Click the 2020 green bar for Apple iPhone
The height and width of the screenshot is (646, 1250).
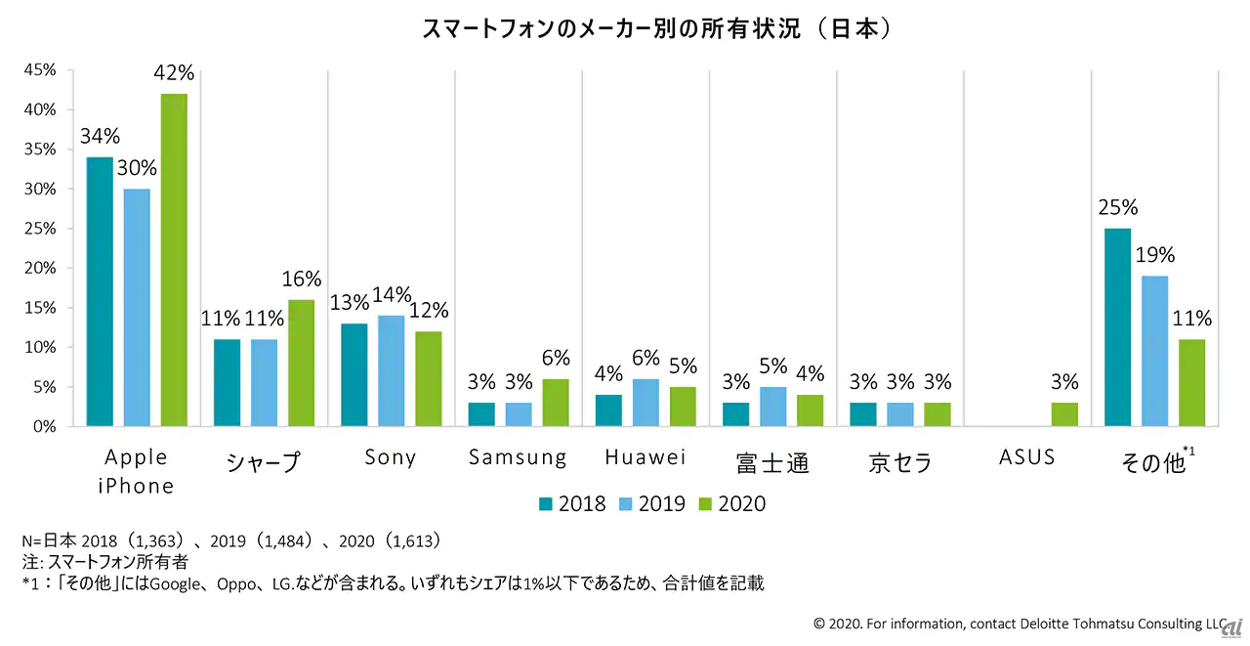click(x=174, y=260)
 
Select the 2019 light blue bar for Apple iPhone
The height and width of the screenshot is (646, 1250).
click(x=137, y=308)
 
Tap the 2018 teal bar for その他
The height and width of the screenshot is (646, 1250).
click(x=1117, y=327)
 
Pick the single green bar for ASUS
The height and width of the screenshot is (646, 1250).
click(x=1064, y=414)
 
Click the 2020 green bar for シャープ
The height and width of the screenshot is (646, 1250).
click(x=301, y=363)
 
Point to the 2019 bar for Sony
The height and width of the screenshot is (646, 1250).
click(x=391, y=370)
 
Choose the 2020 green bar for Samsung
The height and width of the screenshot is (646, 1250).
click(x=556, y=403)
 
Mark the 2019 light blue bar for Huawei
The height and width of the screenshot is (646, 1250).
click(x=646, y=403)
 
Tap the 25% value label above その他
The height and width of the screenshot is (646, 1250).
click(x=1117, y=208)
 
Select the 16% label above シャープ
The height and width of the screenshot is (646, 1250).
click(x=301, y=280)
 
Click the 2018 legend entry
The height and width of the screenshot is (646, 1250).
click(x=571, y=504)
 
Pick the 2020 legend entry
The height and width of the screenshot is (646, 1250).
click(x=732, y=504)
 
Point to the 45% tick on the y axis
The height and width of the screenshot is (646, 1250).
click(x=40, y=70)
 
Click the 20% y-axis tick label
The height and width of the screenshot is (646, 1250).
click(x=40, y=268)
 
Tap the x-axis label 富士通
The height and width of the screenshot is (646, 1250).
click(x=772, y=461)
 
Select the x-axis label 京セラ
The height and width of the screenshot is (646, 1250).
click(x=899, y=461)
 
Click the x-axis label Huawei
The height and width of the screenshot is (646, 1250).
click(x=646, y=457)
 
